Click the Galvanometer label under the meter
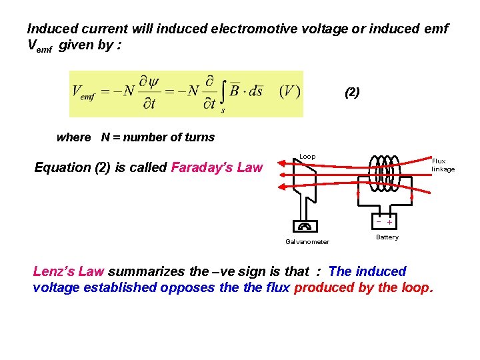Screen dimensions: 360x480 307,242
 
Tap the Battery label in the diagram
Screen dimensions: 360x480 387,237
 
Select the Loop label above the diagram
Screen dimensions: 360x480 307,157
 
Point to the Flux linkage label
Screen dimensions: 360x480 443,165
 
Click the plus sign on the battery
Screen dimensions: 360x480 390,222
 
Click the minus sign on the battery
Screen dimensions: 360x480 379,221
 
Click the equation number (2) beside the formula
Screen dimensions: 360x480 352,93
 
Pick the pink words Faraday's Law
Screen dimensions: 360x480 217,167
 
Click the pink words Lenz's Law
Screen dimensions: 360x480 69,271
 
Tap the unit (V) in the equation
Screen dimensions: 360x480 289,91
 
